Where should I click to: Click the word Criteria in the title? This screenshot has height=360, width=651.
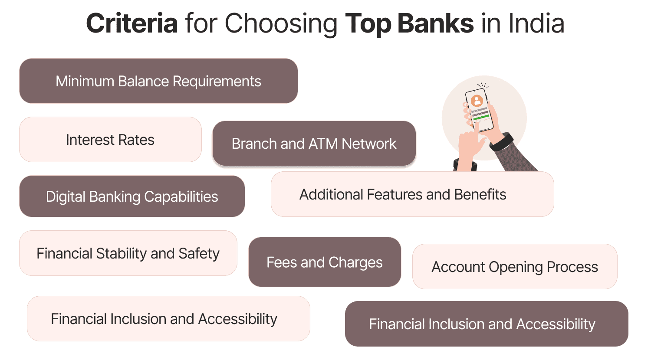tap(132, 23)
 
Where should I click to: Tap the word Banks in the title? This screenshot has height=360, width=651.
tap(435, 23)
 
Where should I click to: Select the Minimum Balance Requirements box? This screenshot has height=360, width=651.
tap(158, 81)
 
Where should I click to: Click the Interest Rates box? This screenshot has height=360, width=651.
tap(110, 140)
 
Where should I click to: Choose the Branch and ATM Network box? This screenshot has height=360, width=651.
tap(314, 144)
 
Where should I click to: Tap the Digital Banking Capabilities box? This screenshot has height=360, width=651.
tap(132, 196)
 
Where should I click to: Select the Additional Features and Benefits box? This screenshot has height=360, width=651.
tap(412, 194)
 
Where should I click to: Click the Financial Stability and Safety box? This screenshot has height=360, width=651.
tap(128, 253)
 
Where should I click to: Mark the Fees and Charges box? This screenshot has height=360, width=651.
tap(325, 262)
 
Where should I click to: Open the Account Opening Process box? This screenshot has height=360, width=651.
tap(515, 267)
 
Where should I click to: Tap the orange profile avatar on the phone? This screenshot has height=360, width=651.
tap(477, 101)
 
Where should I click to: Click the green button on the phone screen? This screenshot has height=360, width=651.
tap(480, 116)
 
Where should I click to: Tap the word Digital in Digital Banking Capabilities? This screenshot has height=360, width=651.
tap(66, 196)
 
